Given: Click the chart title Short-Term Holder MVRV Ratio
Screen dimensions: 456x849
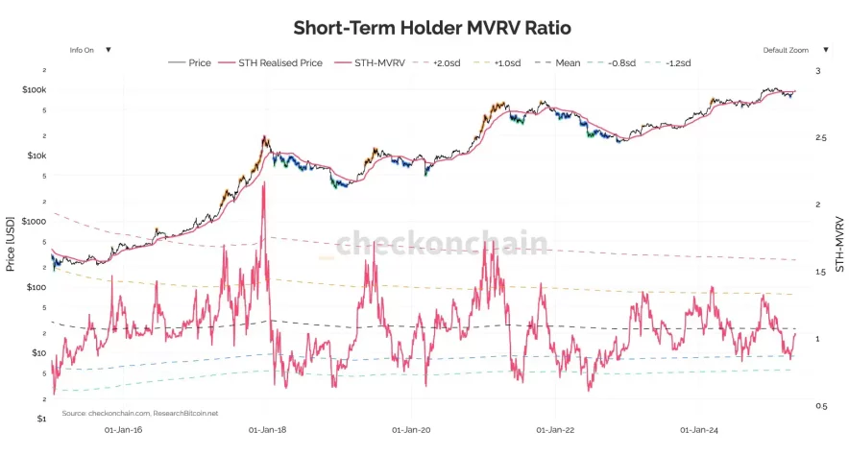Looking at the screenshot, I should pyautogui.click(x=424, y=26).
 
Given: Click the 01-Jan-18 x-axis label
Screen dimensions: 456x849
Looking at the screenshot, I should pyautogui.click(x=267, y=431).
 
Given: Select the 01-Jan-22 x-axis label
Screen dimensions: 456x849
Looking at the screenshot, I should pyautogui.click(x=554, y=431).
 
